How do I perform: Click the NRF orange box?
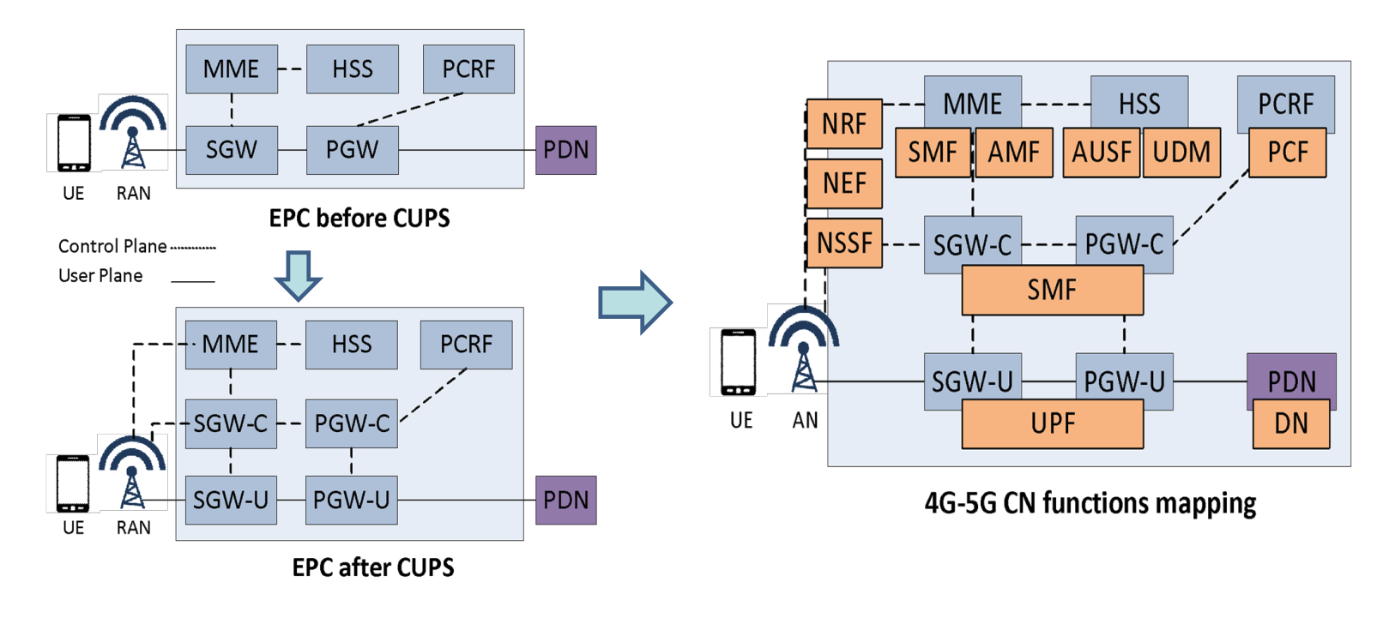(x=844, y=123)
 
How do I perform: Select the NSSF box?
(x=844, y=243)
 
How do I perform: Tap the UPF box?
(x=1052, y=423)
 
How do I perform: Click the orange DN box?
(x=1290, y=423)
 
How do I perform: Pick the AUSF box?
(x=1101, y=153)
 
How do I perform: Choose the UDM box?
(x=1181, y=153)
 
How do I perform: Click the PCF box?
(x=1287, y=153)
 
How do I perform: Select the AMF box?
(x=1013, y=153)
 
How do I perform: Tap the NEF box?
(x=844, y=183)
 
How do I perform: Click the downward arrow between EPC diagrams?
(x=298, y=275)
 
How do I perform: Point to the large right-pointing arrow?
(x=635, y=303)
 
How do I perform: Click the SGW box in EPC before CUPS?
(x=232, y=150)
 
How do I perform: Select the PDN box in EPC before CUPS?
(x=565, y=150)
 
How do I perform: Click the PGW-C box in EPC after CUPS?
(x=352, y=423)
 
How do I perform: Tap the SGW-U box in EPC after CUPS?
(x=231, y=500)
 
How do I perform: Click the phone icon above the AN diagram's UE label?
(x=738, y=363)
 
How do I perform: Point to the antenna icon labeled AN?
(x=803, y=351)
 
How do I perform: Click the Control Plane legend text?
(x=112, y=247)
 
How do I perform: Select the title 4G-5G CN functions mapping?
(x=1090, y=503)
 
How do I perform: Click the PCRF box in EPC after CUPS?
(x=466, y=345)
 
